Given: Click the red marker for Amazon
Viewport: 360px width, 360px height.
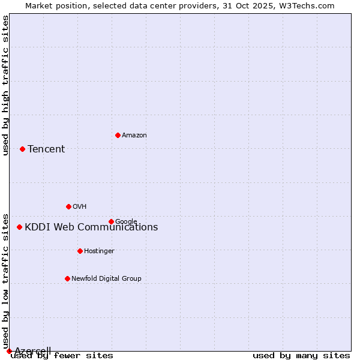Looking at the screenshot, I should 118,135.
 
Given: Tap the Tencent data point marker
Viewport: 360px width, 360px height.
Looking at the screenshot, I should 22,149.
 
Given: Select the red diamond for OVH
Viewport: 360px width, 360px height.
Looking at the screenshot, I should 68,206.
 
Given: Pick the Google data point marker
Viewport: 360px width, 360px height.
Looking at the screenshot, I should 111,221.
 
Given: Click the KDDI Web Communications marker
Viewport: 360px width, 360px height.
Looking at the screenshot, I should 19,227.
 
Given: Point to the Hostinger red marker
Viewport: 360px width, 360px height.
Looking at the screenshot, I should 80,251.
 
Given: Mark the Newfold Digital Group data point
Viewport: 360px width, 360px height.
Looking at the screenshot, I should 67,278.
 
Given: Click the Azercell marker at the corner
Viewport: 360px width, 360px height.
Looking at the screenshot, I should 9,351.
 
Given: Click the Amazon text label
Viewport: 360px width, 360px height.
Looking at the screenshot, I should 134,136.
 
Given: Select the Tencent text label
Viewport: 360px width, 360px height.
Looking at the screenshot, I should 46,149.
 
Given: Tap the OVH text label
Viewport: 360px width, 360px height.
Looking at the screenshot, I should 80,207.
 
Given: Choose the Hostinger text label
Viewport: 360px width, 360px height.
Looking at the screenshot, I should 99,251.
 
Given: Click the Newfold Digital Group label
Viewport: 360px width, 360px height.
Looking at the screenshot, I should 106,279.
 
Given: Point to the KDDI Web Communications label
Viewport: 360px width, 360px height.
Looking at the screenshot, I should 91,227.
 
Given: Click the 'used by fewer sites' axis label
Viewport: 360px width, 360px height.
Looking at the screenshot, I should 62,356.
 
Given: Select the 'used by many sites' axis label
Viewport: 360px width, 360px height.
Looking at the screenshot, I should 301,356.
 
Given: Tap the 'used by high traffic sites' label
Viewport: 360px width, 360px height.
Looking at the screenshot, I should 6,85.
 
